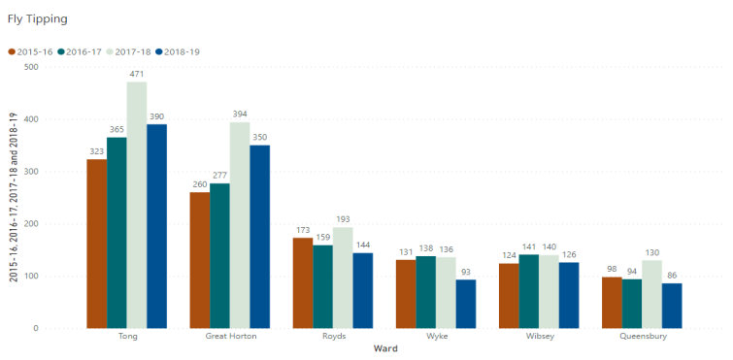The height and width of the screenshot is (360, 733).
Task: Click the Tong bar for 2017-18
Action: pyautogui.click(x=137, y=205)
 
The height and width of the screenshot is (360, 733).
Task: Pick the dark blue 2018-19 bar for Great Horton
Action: pyautogui.click(x=259, y=237)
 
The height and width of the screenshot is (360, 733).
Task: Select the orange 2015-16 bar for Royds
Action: pyautogui.click(x=303, y=282)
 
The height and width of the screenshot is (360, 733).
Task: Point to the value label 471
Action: pyautogui.click(x=137, y=74)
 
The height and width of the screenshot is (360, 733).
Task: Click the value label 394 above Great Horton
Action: pyautogui.click(x=239, y=114)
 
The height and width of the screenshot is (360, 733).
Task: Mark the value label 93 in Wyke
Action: pyautogui.click(x=467, y=272)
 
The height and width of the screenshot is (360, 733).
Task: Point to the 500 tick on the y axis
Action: pyautogui.click(x=31, y=67)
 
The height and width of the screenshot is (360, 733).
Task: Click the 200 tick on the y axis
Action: pyautogui.click(x=31, y=224)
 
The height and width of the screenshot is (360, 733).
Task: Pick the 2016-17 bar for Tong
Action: pyautogui.click(x=117, y=233)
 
